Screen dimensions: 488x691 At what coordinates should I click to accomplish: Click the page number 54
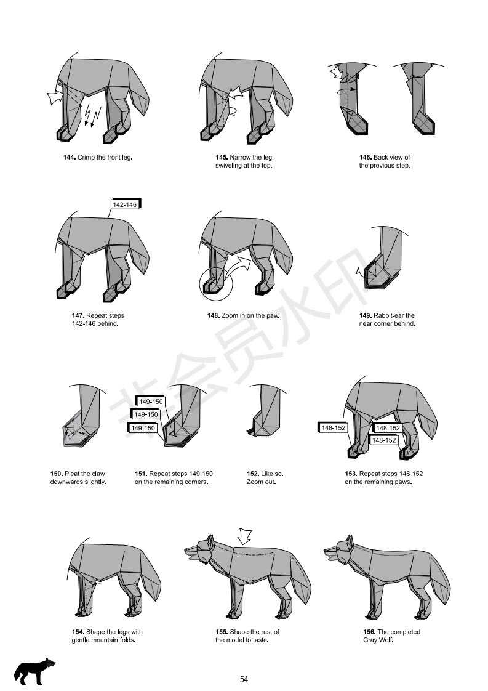tap(244, 679)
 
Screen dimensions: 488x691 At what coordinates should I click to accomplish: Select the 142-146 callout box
tap(125, 204)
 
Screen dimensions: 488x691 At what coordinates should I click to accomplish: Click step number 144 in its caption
tap(69, 157)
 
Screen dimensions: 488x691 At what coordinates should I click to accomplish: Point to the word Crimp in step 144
tap(86, 157)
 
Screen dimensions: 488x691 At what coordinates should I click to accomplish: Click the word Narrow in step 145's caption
tap(239, 157)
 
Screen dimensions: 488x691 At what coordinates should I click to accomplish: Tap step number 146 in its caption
tap(365, 157)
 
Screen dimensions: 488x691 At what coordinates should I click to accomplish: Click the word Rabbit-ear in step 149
tap(388, 315)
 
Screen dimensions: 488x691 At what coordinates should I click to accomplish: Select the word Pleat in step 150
tap(71, 474)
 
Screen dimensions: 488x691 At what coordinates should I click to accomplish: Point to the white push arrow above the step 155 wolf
tap(244, 536)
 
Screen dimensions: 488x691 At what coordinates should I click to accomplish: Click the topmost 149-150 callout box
tap(150, 402)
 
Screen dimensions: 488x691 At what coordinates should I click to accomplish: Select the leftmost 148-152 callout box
tap(333, 427)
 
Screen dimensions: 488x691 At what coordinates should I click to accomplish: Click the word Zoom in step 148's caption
tap(230, 315)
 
